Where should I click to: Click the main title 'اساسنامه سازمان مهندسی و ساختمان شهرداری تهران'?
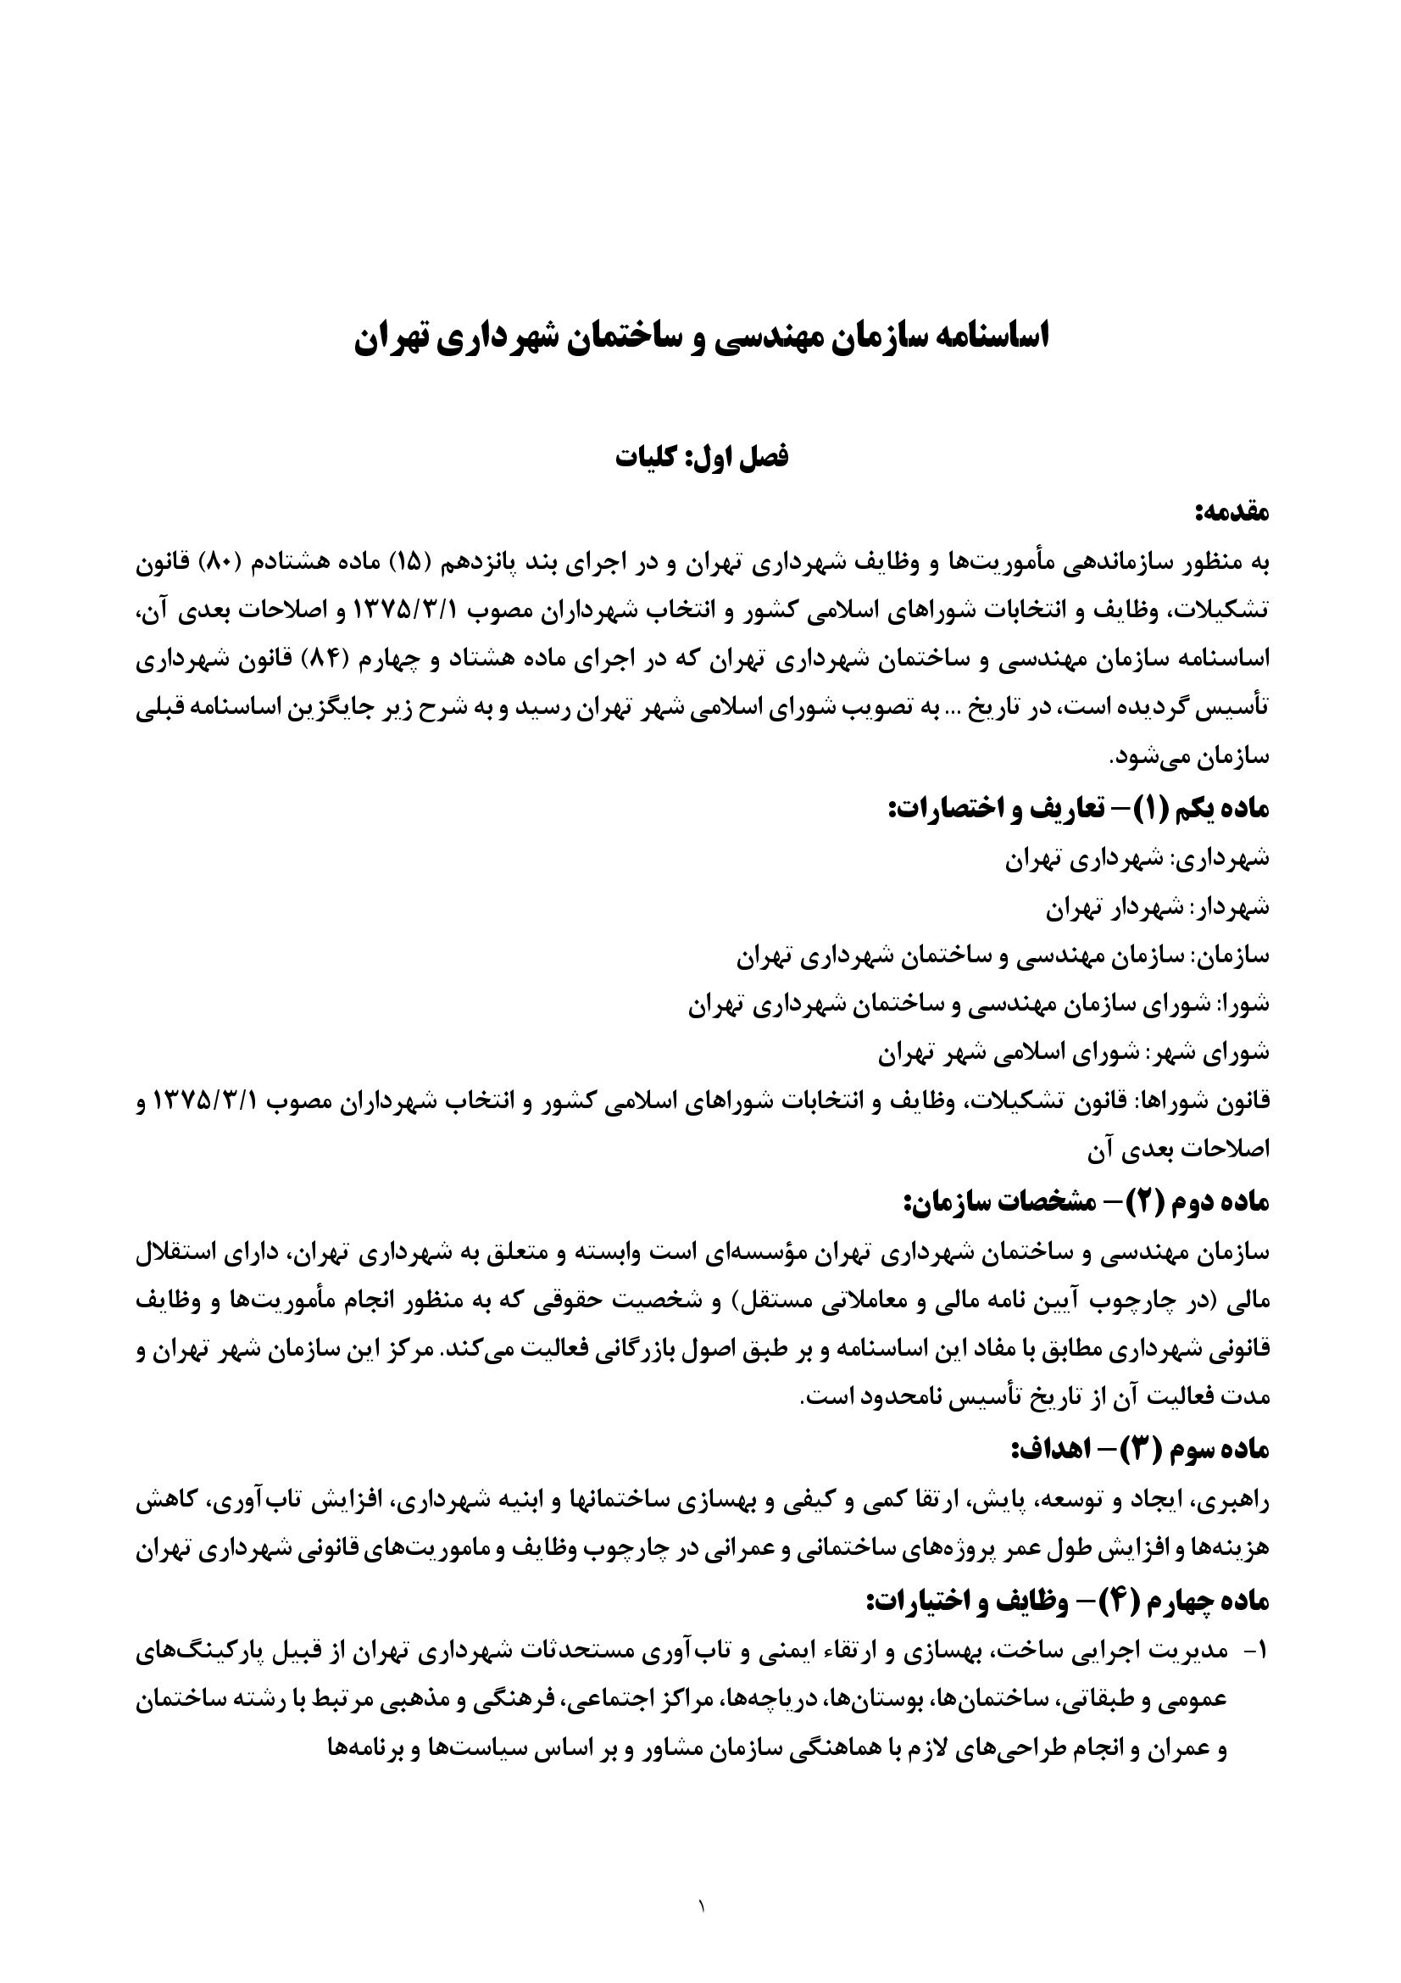click(x=701, y=337)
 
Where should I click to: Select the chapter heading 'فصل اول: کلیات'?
click(x=701, y=457)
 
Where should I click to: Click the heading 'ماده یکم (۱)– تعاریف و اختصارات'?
click(x=1079, y=810)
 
